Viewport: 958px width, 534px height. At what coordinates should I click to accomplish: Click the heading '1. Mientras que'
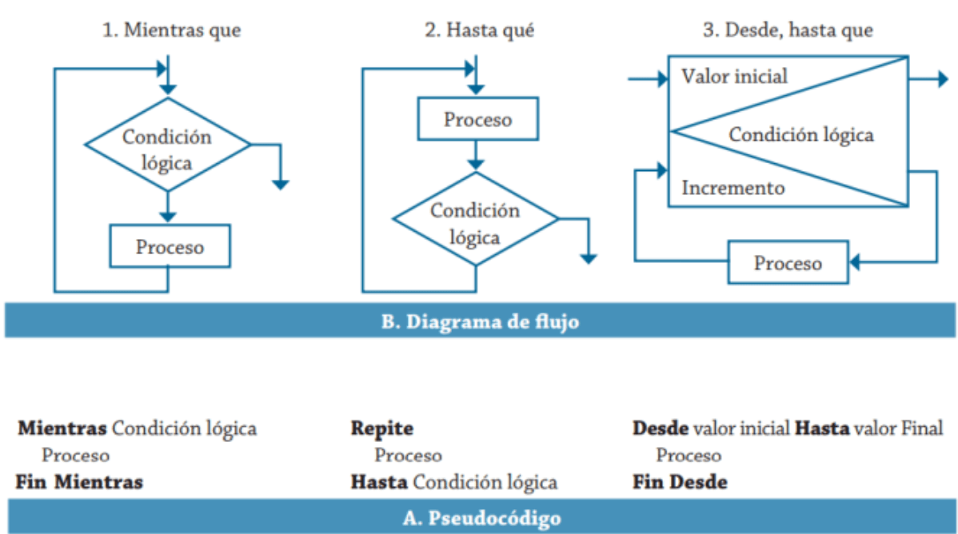171,30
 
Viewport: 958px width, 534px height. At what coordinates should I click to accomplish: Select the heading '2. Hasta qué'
478,30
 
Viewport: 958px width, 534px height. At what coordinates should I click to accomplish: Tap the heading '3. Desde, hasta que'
788,30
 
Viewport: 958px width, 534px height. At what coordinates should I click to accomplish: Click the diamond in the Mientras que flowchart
167,145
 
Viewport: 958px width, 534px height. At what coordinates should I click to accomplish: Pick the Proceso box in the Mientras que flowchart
170,246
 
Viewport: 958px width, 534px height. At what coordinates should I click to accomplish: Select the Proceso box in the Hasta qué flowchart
477,120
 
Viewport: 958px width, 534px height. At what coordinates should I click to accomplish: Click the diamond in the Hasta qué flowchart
475,219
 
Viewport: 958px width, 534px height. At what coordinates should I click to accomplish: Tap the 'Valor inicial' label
734,77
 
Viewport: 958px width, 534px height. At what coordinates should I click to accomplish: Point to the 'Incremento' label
732,189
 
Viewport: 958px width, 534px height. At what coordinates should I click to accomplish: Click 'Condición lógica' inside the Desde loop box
800,134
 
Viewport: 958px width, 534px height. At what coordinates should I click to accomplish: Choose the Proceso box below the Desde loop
788,262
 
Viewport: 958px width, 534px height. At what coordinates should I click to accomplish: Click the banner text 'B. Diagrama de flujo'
478,322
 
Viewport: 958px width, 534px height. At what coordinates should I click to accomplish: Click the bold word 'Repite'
382,428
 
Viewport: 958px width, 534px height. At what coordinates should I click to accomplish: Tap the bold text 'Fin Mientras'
79,482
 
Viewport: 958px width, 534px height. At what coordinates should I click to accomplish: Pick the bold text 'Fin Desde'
680,482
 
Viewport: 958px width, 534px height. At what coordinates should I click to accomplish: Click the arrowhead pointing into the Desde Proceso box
854,261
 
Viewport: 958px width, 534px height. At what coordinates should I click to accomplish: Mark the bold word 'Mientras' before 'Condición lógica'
62,428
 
